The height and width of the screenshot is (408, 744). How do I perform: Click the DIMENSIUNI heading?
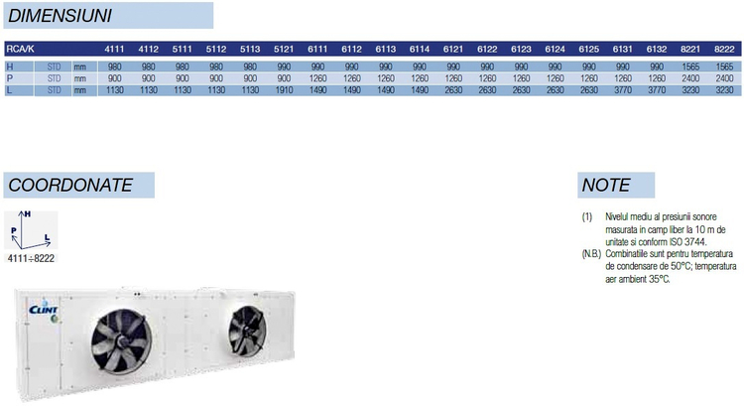60,16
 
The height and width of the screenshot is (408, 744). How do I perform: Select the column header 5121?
284,49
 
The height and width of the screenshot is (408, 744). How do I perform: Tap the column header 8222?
724,49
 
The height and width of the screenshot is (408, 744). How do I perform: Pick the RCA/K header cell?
20,49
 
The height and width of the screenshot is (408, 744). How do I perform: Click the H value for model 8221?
690,67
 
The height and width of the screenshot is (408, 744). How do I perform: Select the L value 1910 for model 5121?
284,89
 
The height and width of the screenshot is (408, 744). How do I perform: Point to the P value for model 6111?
317,78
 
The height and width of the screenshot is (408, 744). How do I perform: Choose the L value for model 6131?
623,89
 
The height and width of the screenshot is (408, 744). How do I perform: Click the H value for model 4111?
114,67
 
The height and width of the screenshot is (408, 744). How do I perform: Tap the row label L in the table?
9,89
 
